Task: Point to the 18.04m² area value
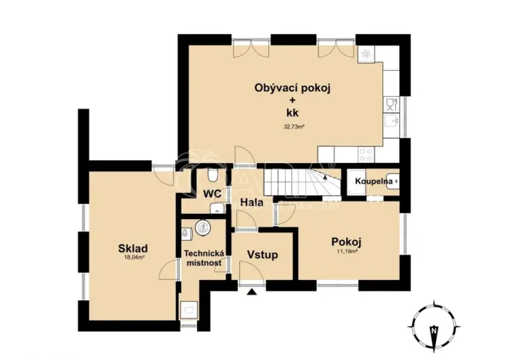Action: coord(134,259)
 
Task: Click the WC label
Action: coord(212,195)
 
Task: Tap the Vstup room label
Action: coord(261,255)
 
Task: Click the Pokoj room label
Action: coord(346,241)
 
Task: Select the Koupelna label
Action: coord(374,182)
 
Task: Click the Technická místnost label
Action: coord(203,258)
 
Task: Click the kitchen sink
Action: coord(392,122)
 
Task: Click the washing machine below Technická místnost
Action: coord(188,309)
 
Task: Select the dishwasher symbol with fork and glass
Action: coord(392,102)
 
